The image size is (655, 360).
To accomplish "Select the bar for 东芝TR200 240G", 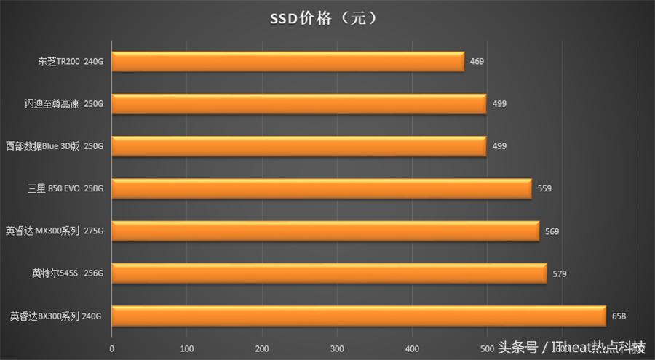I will click(287, 62).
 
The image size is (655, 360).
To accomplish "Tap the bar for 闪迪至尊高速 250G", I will click(298, 104).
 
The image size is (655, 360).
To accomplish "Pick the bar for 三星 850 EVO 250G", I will click(321, 189).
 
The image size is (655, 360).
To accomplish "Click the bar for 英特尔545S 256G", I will click(328, 273).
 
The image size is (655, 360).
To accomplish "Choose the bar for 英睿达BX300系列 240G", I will click(358, 316).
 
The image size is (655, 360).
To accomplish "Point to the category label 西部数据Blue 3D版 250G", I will click(55, 146).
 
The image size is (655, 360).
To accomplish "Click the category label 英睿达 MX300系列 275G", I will click(55, 231).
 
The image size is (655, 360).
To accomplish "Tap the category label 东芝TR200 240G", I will click(71, 62).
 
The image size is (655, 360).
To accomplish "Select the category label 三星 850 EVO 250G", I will click(65, 189).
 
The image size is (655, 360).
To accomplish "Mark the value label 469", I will click(477, 62).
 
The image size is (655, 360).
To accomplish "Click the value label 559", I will click(544, 189).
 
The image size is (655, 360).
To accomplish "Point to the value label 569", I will click(552, 231).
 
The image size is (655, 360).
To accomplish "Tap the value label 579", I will click(559, 273).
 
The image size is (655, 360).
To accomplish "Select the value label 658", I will click(619, 316).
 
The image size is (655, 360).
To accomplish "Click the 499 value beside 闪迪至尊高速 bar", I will click(499, 104).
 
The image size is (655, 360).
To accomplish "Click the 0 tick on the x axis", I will click(111, 348).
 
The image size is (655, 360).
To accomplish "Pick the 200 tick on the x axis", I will click(262, 348).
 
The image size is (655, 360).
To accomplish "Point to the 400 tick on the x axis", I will click(412, 348).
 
